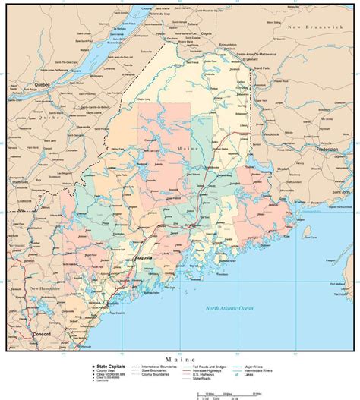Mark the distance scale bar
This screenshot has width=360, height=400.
(x=227, y=392)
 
